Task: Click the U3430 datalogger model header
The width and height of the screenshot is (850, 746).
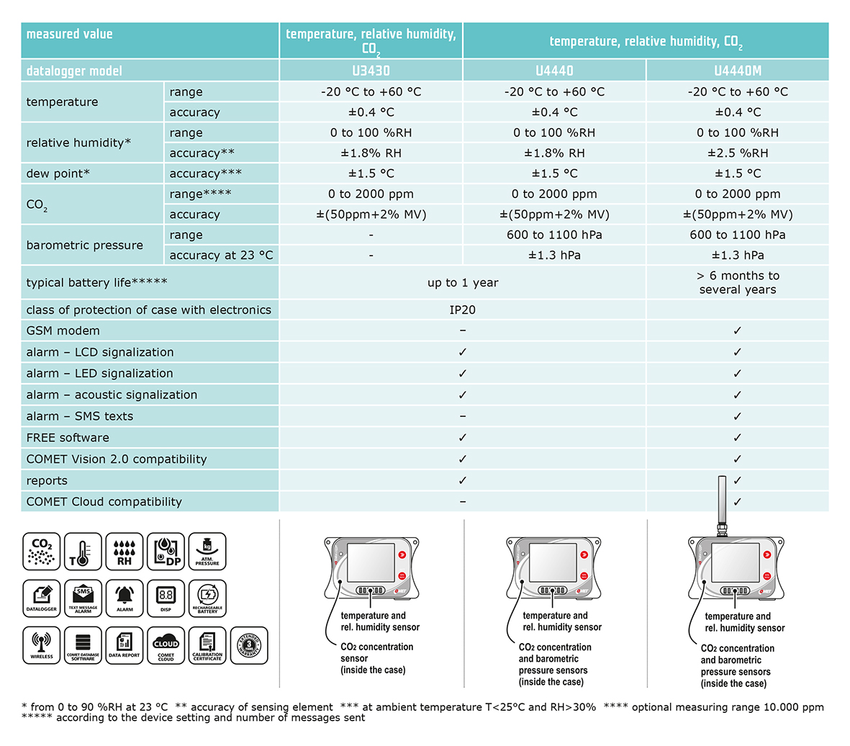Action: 371,71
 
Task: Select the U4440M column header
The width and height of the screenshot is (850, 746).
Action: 737,71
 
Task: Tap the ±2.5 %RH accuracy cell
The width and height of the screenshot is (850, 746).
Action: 737,153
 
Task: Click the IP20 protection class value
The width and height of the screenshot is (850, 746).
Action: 462,310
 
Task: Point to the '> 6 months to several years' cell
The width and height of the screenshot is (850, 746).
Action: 737,282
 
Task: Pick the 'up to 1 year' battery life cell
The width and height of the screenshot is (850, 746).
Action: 462,282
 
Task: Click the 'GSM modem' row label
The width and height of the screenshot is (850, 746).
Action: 63,331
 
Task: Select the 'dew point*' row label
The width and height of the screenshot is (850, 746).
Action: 58,174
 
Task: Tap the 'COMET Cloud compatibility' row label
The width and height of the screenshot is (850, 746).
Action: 104,502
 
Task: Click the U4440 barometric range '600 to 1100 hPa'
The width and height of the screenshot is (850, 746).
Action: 554,235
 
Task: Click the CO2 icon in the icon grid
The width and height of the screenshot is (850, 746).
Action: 42,552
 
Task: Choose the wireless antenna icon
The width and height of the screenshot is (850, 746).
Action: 42,644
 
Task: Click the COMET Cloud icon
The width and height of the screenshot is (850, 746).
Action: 166,644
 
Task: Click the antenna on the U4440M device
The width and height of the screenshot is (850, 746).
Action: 722,504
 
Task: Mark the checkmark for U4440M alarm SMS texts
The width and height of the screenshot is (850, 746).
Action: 737,416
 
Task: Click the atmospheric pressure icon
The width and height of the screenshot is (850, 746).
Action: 207,552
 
